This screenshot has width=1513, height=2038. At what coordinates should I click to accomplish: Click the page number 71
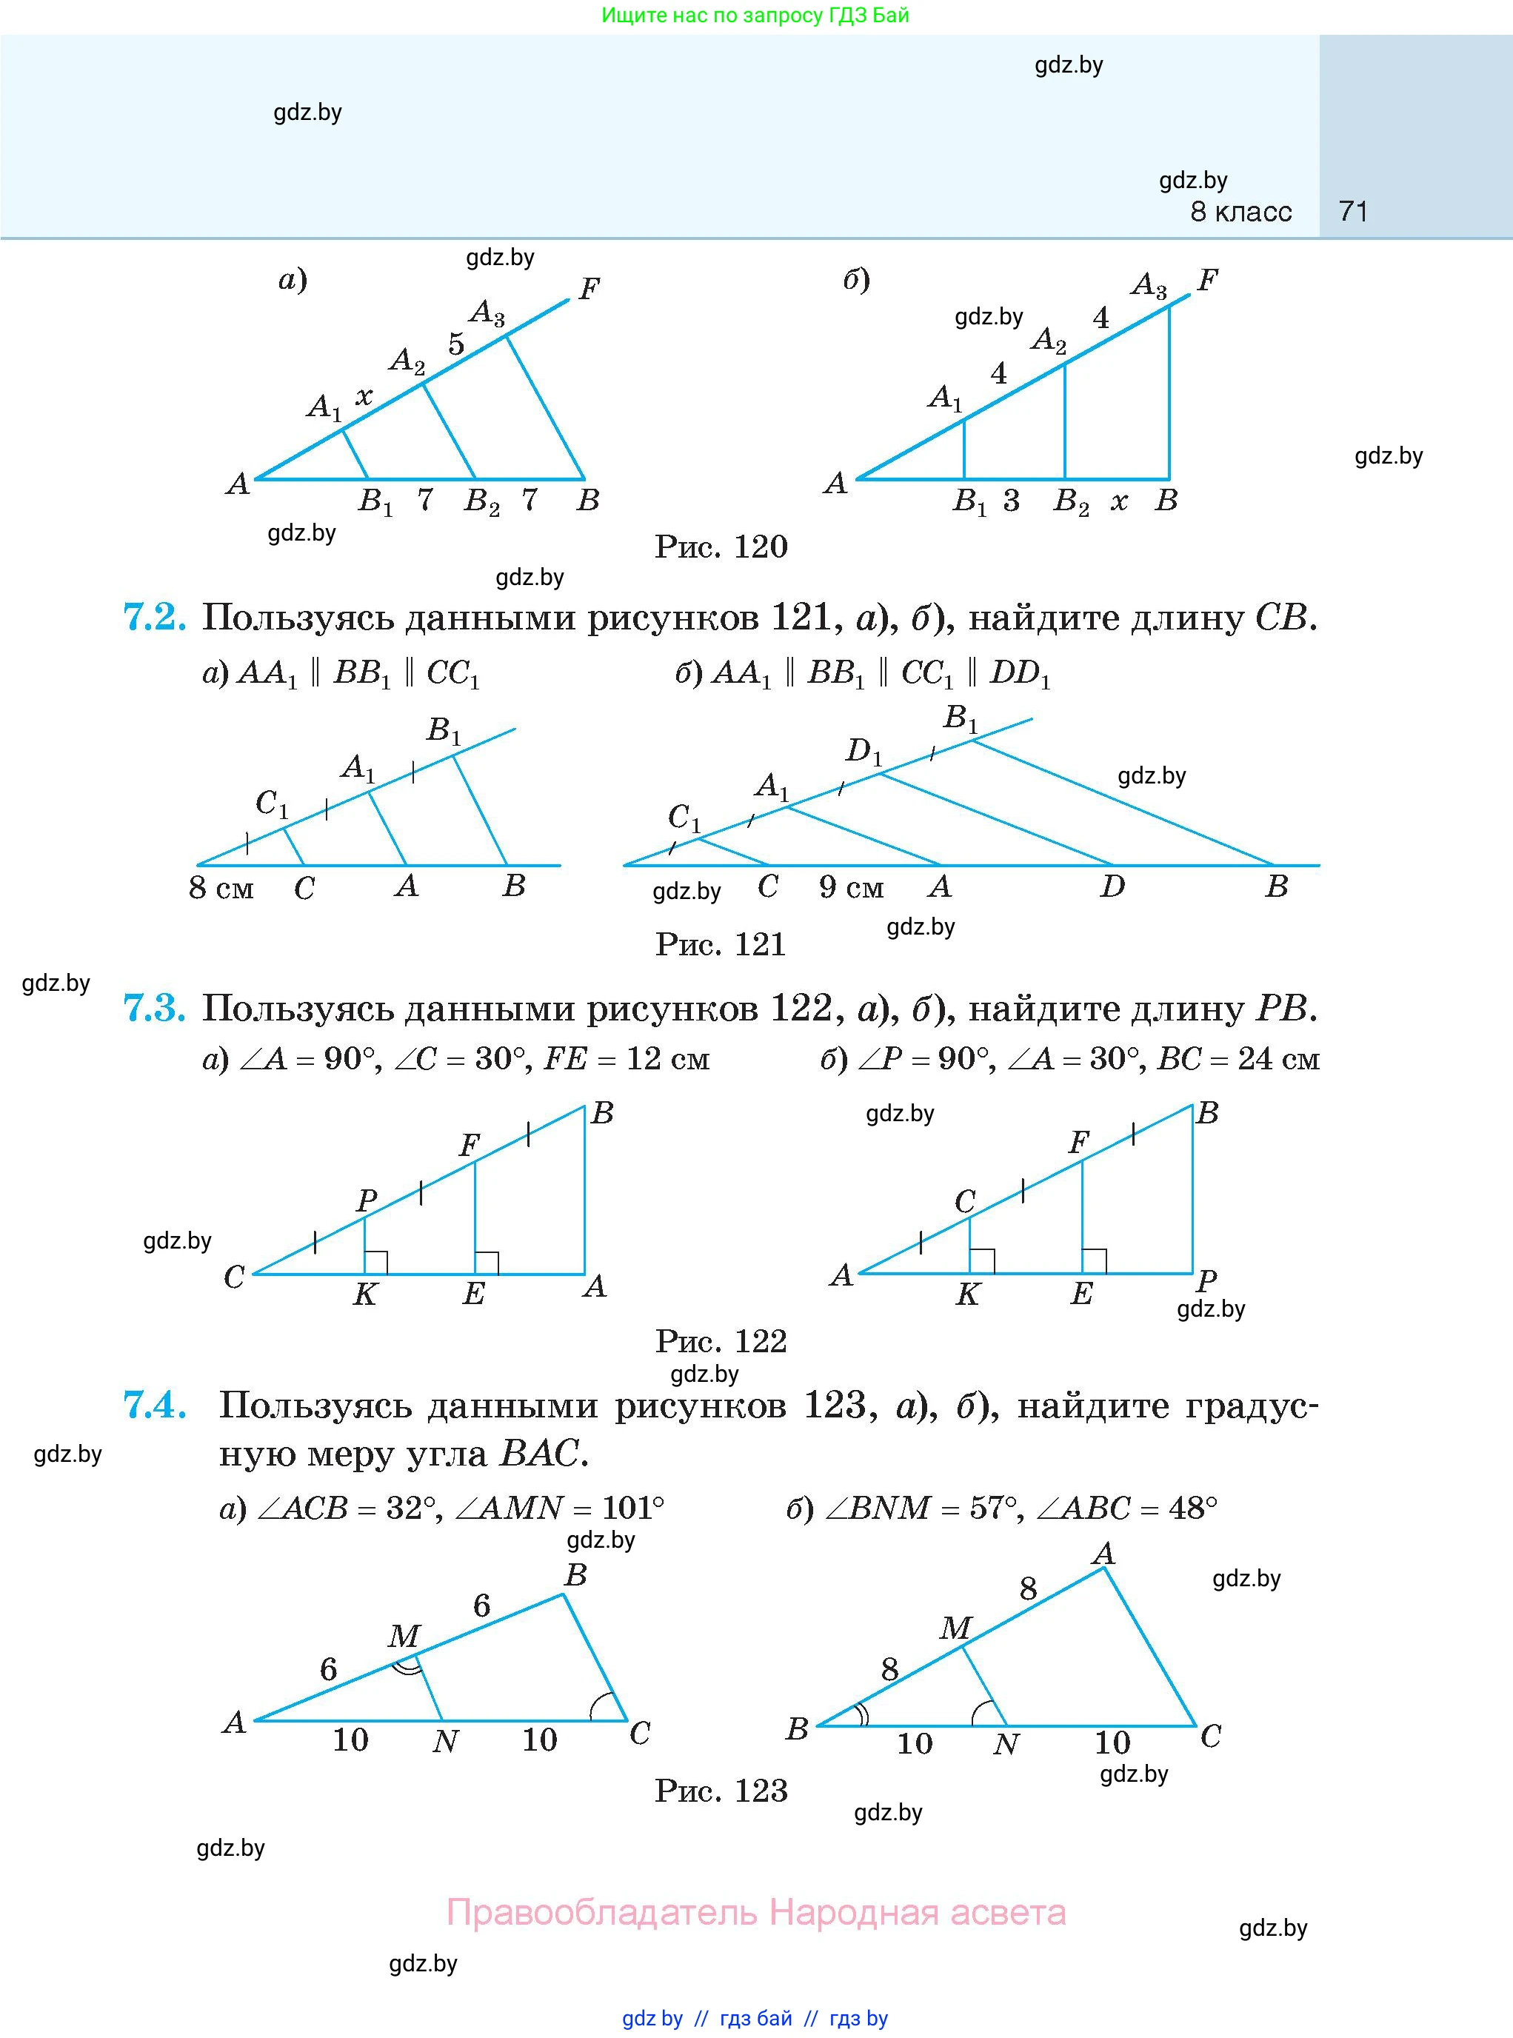[1353, 212]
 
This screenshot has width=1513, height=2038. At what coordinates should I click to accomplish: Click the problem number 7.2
[155, 618]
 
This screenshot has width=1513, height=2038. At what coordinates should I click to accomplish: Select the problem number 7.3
[155, 1009]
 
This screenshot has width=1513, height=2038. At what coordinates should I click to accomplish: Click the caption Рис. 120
[721, 547]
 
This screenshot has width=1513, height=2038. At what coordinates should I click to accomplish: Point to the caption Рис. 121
[721, 944]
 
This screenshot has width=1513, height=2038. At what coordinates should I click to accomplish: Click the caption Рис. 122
[721, 1342]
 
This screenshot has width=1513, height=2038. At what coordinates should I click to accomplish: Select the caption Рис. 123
[721, 1791]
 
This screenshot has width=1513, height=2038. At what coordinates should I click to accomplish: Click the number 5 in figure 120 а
[456, 344]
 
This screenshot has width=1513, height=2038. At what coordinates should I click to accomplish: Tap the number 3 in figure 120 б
[1011, 501]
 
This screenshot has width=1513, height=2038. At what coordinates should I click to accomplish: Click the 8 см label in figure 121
[221, 888]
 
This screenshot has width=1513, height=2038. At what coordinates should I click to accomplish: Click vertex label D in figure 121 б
[1112, 886]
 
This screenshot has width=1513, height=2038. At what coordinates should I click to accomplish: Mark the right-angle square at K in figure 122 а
[376, 1262]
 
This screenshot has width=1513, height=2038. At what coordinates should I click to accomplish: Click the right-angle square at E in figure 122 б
[1094, 1261]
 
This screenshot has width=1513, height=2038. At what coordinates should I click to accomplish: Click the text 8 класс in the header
[1241, 212]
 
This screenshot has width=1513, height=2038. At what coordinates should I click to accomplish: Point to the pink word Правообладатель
[602, 1913]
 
